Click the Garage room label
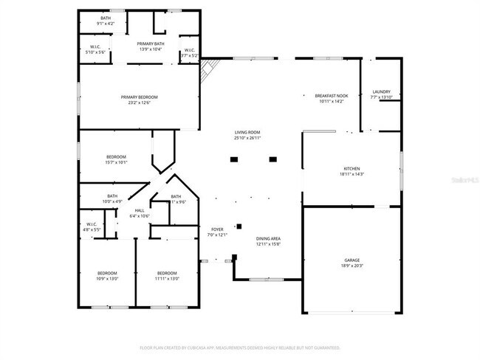(x=352, y=261)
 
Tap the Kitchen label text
(x=351, y=169)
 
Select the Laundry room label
(x=381, y=92)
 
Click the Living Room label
(x=247, y=132)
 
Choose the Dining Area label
(x=267, y=239)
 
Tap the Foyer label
(x=217, y=229)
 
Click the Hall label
(x=140, y=211)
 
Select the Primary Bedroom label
(x=140, y=97)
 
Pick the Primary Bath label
(x=150, y=44)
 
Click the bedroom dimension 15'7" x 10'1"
(x=117, y=162)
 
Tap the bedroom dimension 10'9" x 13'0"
(x=107, y=278)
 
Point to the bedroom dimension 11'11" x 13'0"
(x=167, y=278)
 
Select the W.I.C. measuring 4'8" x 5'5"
(x=92, y=227)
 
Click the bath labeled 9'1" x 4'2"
(x=106, y=24)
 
